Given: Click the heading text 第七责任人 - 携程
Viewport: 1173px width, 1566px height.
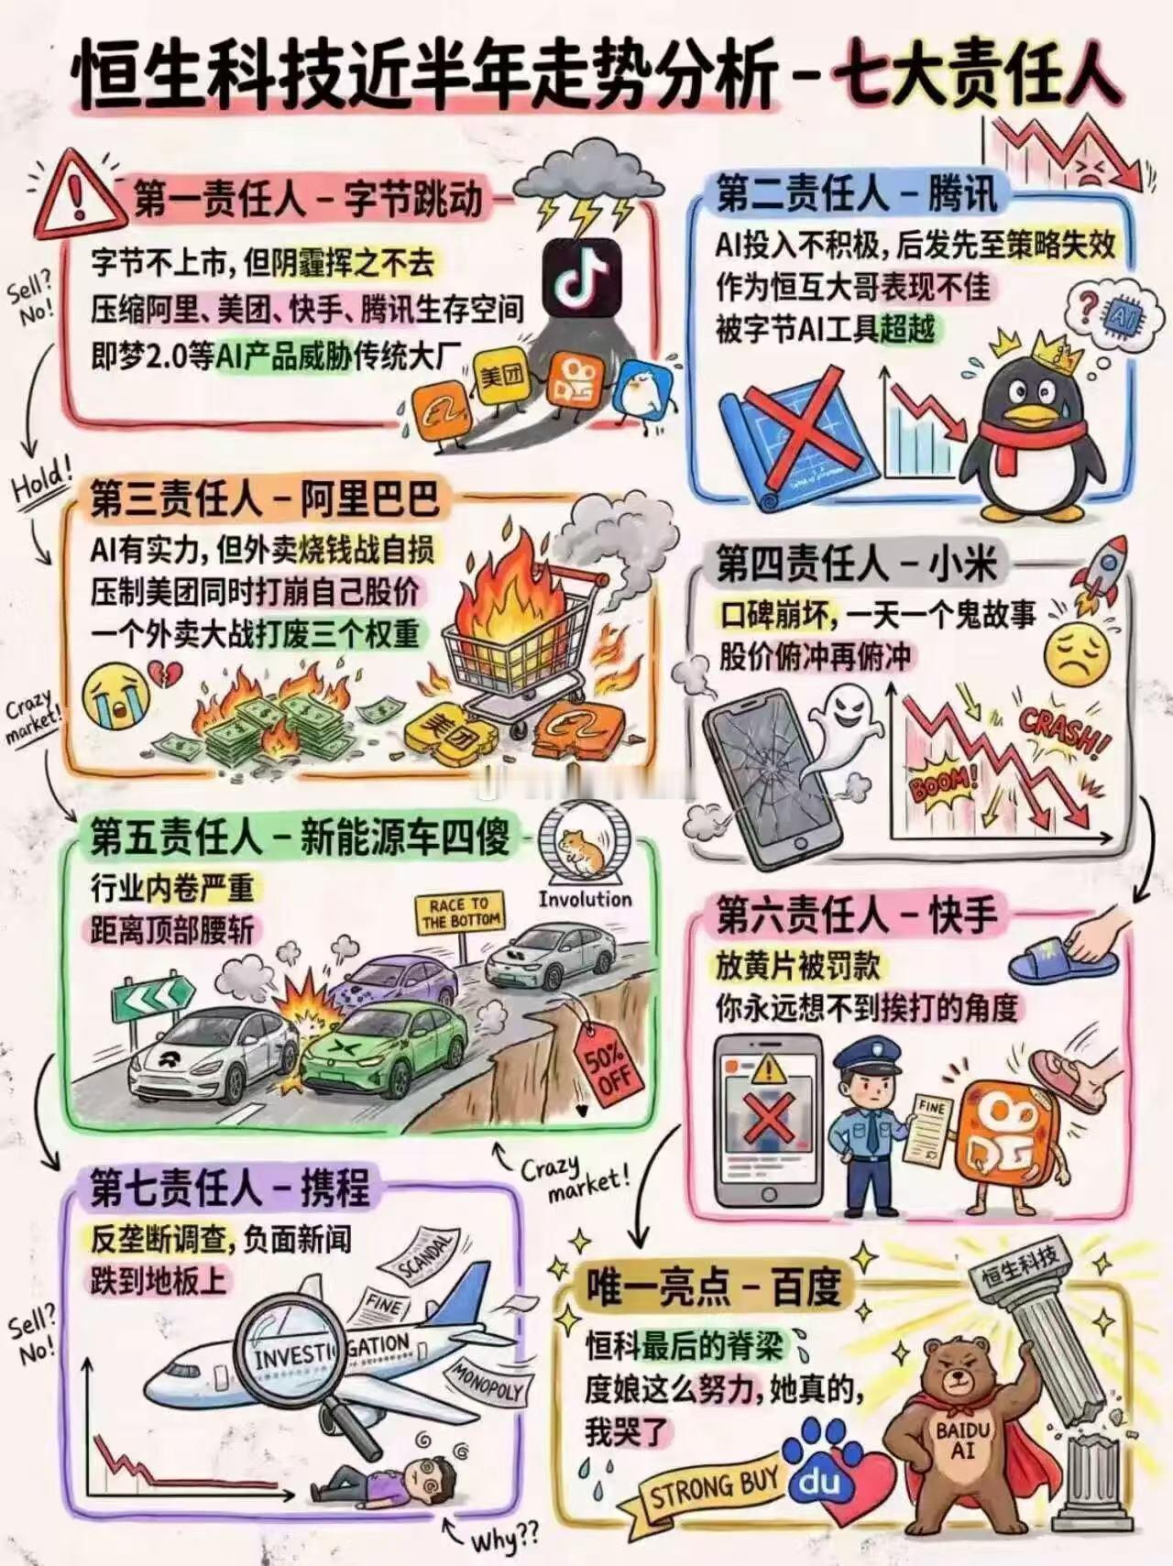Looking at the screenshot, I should tap(229, 1188).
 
